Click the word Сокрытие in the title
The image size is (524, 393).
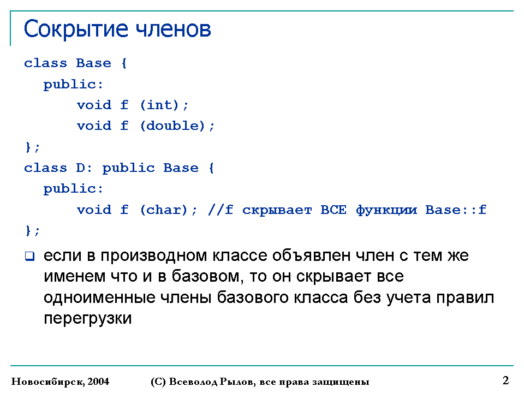pyautogui.click(x=76, y=29)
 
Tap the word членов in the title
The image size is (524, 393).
pyautogui.click(x=174, y=29)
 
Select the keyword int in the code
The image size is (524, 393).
pyautogui.click(x=159, y=105)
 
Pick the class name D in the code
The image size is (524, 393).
pyautogui.click(x=80, y=168)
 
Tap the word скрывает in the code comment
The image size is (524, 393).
pyautogui.click(x=277, y=210)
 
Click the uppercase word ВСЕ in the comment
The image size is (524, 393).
pyautogui.click(x=333, y=210)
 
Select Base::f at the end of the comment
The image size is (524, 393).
pyautogui.click(x=455, y=210)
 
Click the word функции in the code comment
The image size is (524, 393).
pyautogui.click(x=386, y=210)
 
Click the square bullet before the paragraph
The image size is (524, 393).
pyautogui.click(x=29, y=257)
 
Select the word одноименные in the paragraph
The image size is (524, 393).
pyautogui.click(x=99, y=297)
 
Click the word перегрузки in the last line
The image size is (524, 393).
pyautogui.click(x=87, y=318)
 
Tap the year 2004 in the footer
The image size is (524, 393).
pyautogui.click(x=98, y=382)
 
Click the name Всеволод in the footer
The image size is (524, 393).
pyautogui.click(x=193, y=382)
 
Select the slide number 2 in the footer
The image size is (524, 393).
pyautogui.click(x=505, y=380)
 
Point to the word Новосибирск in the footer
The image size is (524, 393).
pyautogui.click(x=48, y=382)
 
